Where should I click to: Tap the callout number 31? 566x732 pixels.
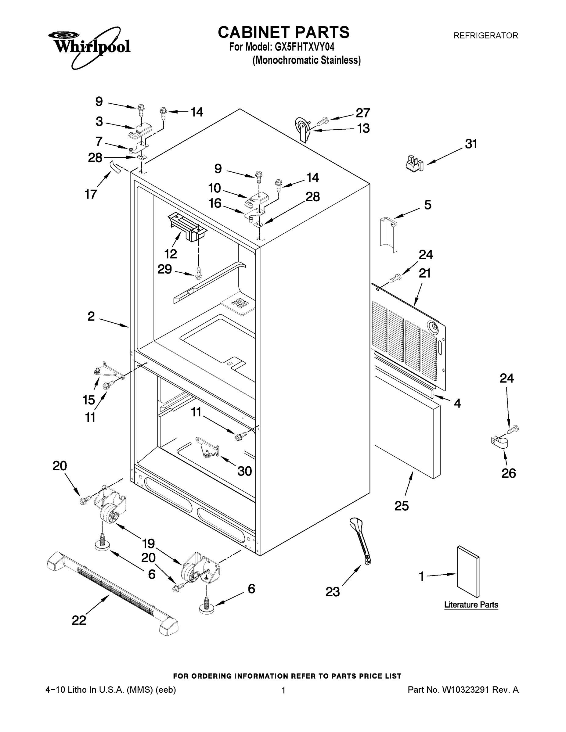471,144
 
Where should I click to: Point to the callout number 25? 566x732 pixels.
401,506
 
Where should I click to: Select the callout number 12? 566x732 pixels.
171,254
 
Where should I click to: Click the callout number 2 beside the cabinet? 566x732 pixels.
91,316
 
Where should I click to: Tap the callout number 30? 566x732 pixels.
244,471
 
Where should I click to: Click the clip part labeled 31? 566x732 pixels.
414,163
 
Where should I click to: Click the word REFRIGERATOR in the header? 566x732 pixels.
485,35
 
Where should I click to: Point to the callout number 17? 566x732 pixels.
91,194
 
